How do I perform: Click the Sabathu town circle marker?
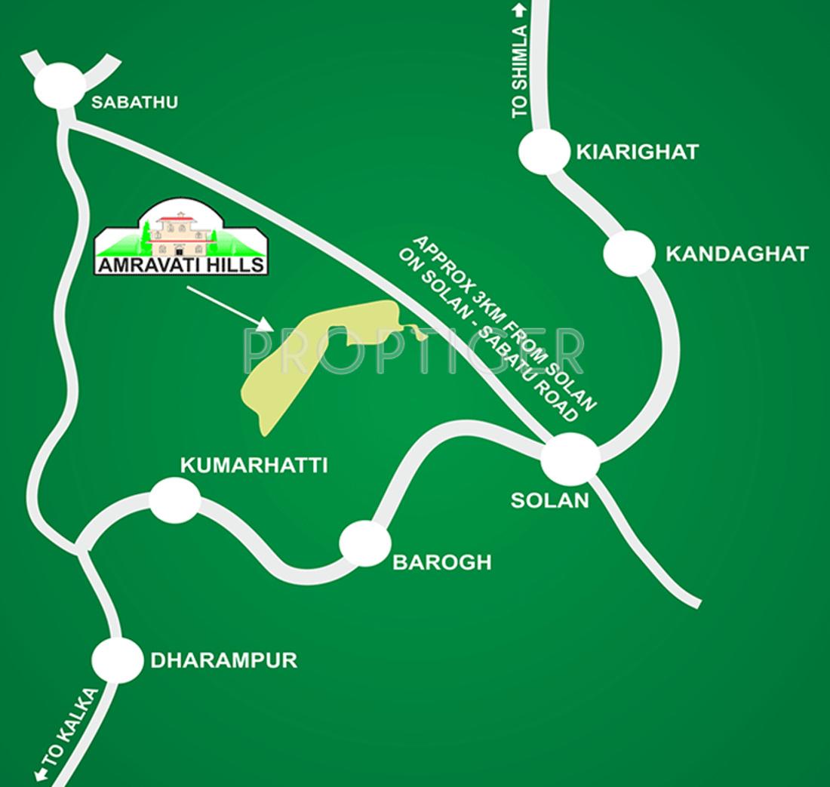coord(60,85)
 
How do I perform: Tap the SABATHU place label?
coord(134,102)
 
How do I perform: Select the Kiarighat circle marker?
coord(544,152)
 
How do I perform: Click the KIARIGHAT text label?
coord(638,152)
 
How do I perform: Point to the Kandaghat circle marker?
coord(629,253)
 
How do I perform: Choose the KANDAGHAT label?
coord(736,254)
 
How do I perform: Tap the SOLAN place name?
coord(549,500)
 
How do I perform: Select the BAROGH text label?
coord(442,562)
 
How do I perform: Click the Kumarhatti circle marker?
coord(175,500)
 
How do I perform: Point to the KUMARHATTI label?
coord(254,466)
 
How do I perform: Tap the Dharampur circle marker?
coord(118,660)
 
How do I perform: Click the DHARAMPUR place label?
coord(224,661)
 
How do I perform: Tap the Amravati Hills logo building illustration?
coord(181,229)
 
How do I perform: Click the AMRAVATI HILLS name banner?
coord(181,265)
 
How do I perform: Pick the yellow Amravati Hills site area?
coord(302,362)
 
